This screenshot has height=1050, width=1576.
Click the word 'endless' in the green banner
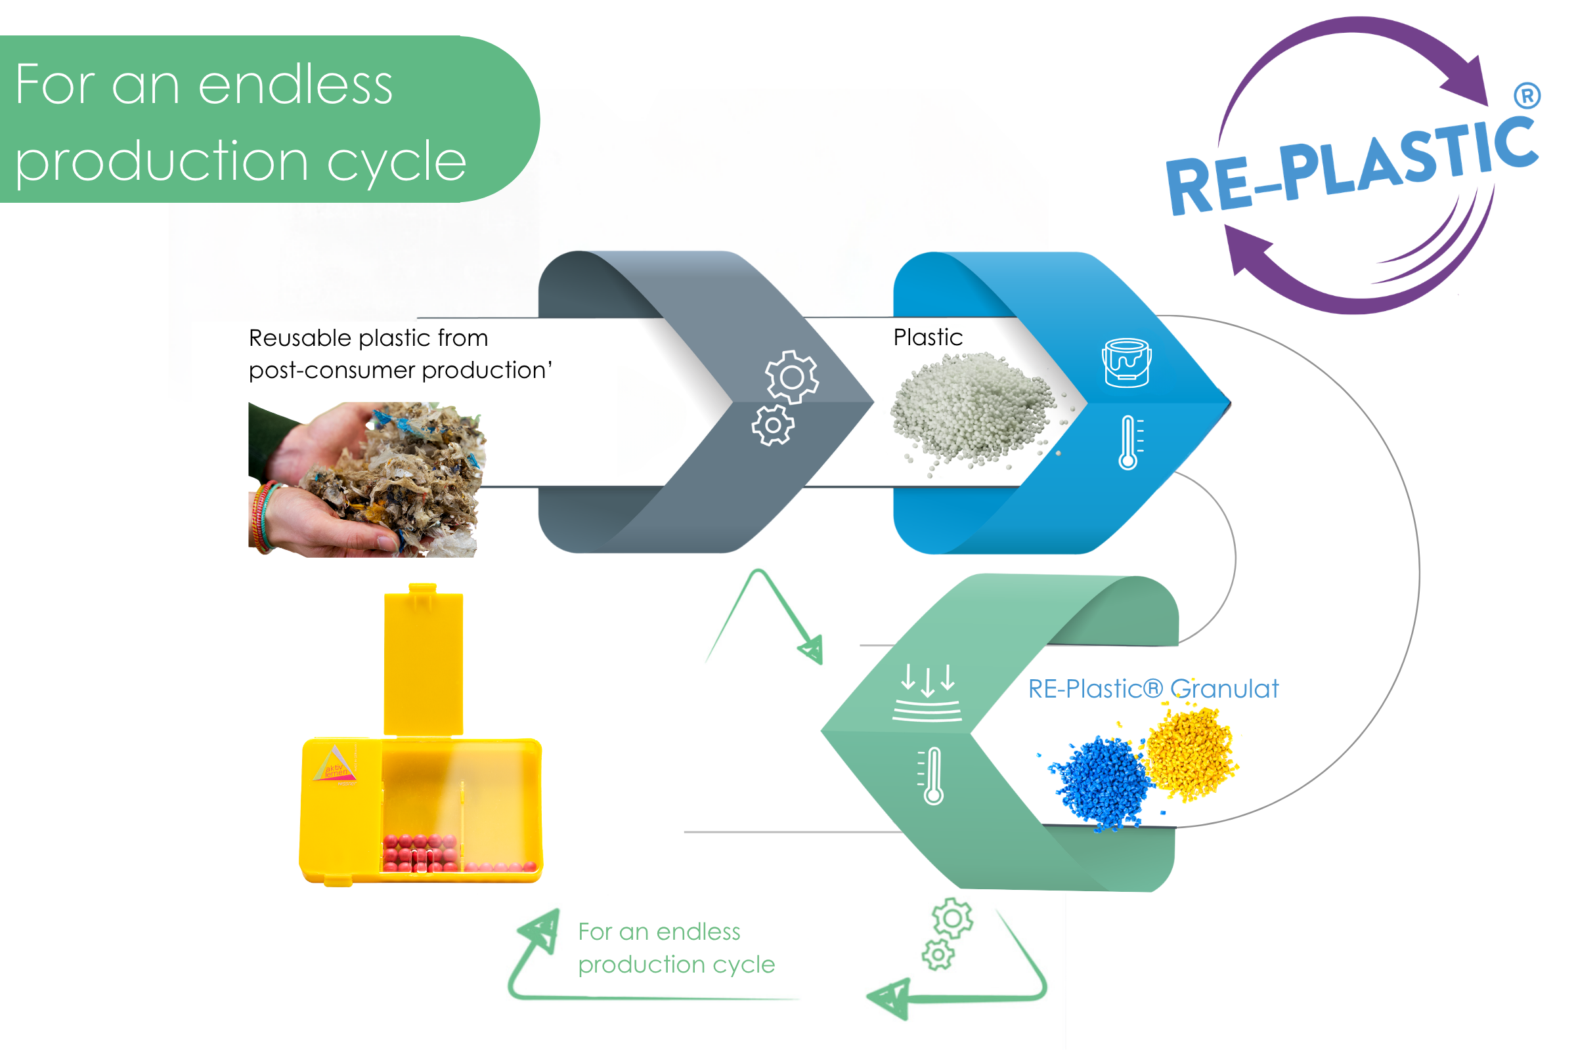click(296, 85)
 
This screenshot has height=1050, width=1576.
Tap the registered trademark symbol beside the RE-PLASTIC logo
click(1526, 96)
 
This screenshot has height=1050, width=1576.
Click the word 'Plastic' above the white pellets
click(928, 337)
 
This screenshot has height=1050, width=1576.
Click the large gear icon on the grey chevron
click(792, 377)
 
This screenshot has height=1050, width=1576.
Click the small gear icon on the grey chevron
click(773, 425)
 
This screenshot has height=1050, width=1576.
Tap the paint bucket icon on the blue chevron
click(1126, 362)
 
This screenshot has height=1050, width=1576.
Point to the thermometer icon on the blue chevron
click(1129, 442)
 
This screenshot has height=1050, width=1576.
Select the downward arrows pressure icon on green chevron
click(927, 692)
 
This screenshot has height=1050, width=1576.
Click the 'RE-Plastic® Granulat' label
click(1153, 688)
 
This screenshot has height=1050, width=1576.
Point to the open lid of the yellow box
click(423, 660)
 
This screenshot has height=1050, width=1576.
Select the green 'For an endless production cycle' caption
click(676, 948)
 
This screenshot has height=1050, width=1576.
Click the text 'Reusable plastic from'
click(368, 337)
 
